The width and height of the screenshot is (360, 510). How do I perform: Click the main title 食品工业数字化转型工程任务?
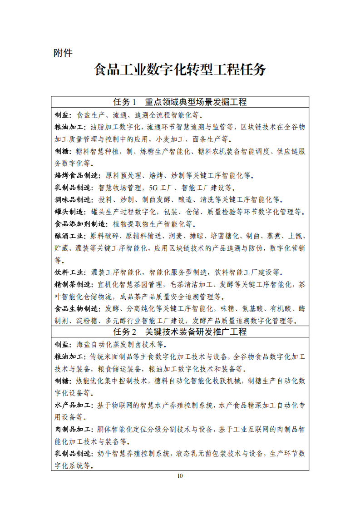coord(180,70)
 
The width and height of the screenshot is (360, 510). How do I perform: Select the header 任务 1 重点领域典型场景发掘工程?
coord(180,102)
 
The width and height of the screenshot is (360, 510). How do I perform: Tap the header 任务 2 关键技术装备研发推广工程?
coord(180,332)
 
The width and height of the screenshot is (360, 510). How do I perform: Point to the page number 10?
coord(180,475)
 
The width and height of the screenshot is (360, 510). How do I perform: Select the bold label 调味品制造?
coord(73,199)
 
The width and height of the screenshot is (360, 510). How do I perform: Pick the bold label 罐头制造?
coord(69,212)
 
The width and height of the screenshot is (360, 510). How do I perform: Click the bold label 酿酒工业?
coord(69,236)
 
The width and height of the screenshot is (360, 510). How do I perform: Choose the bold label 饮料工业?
coord(69,272)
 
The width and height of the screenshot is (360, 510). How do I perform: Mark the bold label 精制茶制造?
coord(73,285)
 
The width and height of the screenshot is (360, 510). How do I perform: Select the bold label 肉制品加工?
coord(73,429)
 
